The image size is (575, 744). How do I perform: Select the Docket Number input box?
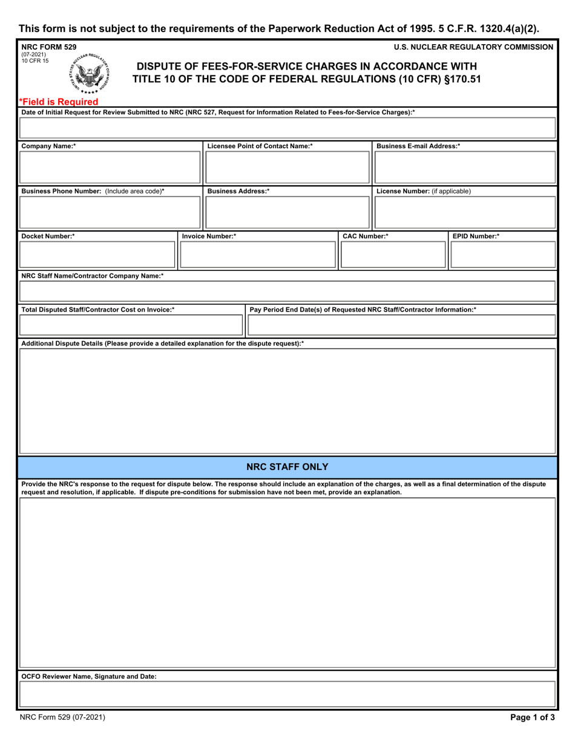[97, 255]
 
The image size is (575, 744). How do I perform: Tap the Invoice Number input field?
[258, 255]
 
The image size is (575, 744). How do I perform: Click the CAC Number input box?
[393, 255]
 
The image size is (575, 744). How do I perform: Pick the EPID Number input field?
[502, 255]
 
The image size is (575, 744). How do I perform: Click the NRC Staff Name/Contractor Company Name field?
[287, 292]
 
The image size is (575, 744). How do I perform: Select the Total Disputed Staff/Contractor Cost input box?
[130, 325]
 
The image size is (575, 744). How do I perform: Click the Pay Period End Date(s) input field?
[401, 325]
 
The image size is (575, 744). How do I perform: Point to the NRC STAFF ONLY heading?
[287, 467]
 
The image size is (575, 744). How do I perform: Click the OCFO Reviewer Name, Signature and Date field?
[287, 694]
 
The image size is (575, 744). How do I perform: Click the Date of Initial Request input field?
[287, 129]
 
